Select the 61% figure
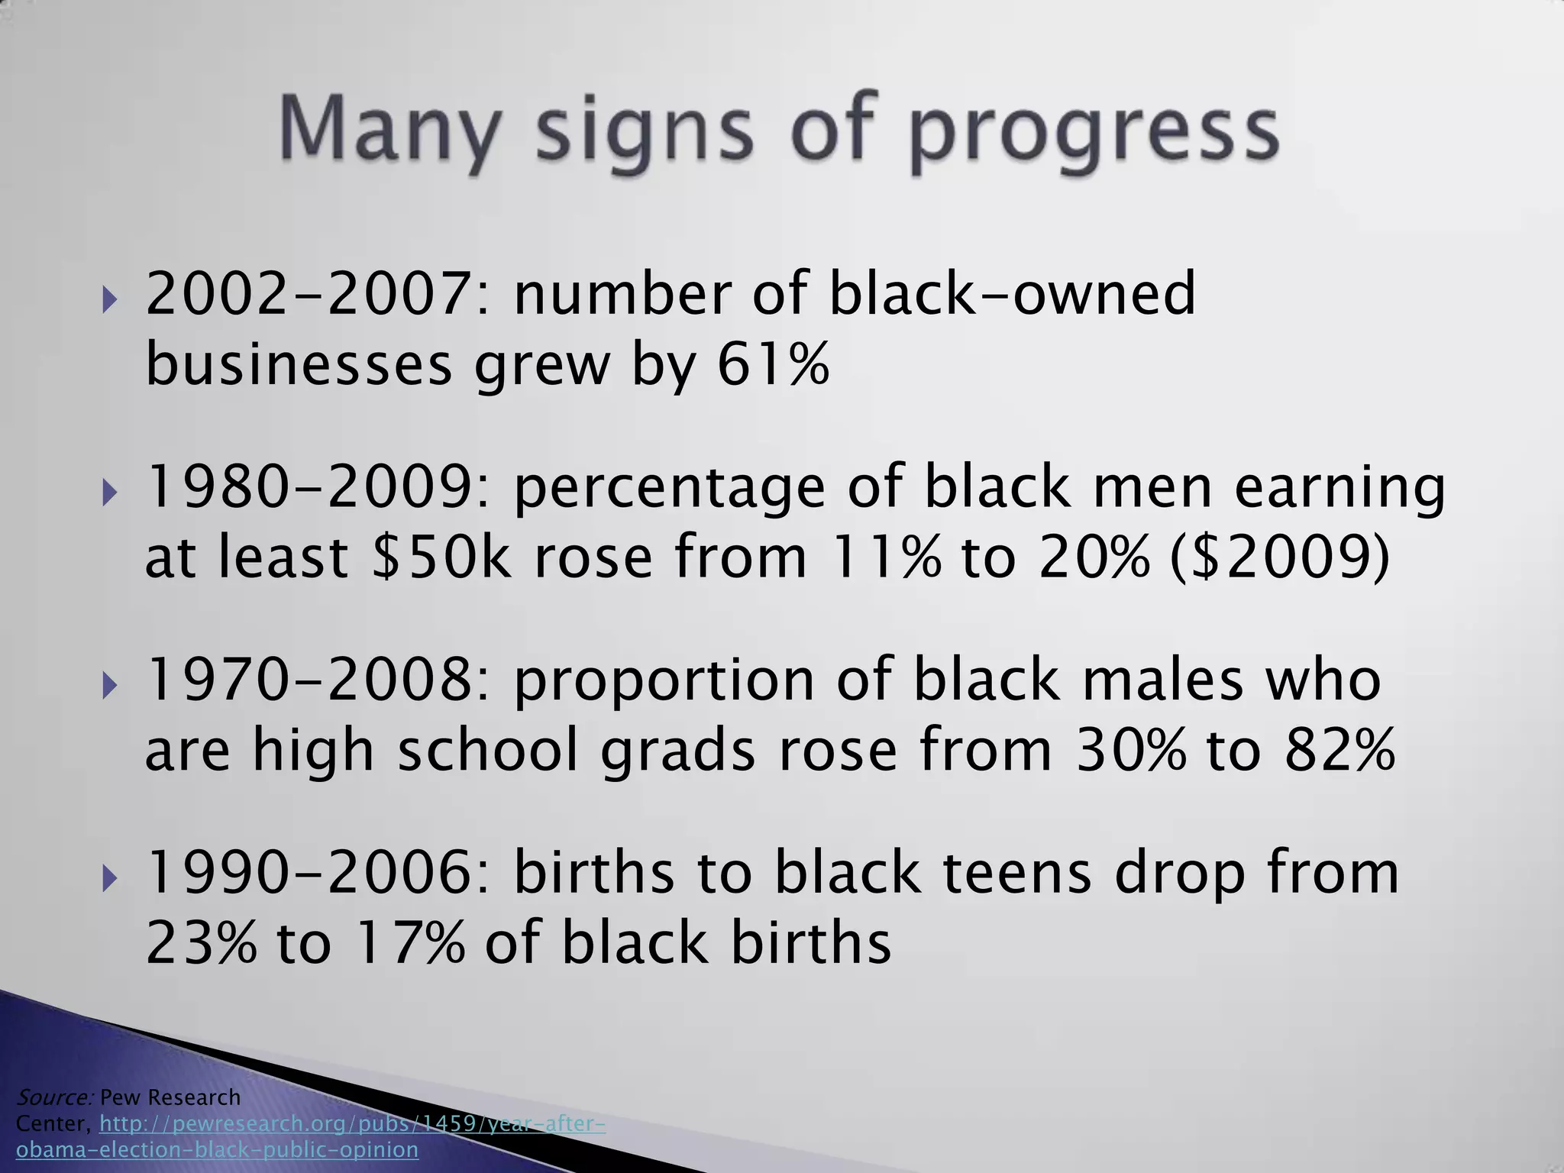click(773, 365)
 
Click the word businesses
click(299, 365)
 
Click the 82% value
click(1339, 750)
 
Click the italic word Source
click(53, 1097)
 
